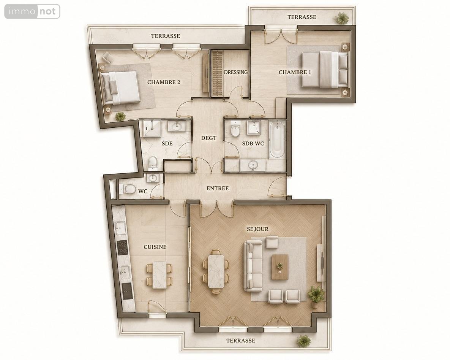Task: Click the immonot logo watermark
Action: click(x=32, y=11)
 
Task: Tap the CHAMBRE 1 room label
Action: click(x=295, y=72)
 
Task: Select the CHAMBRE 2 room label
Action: click(x=164, y=82)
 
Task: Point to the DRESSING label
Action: click(x=235, y=72)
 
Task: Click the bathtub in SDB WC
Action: click(x=277, y=140)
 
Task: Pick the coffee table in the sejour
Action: click(x=280, y=266)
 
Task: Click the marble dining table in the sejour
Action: click(x=216, y=271)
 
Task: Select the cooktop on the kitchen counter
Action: click(x=123, y=247)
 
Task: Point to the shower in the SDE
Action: click(x=150, y=128)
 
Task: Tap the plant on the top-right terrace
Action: click(x=341, y=18)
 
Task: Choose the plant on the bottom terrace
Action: click(x=304, y=341)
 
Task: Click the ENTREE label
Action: click(x=218, y=188)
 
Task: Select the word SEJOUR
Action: click(x=258, y=229)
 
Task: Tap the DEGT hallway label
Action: click(x=208, y=138)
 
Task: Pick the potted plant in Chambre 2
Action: click(x=120, y=116)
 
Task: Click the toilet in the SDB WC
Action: click(x=235, y=130)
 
